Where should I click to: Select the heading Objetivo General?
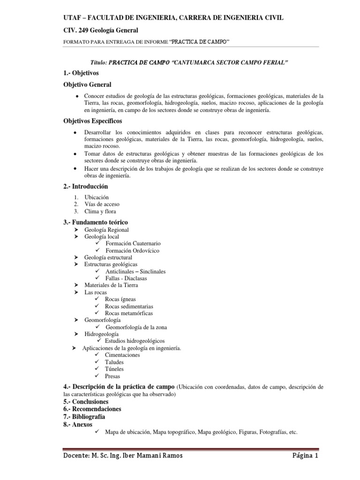coord(87,84)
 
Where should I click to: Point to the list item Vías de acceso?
coord(102,204)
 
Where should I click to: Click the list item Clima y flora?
coord(100,211)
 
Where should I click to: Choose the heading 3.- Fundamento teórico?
coord(95,222)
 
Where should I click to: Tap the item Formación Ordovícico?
coord(132,251)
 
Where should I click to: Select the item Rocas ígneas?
coord(120,299)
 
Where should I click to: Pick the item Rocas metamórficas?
coord(128,313)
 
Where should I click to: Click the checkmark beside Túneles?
coord(97,369)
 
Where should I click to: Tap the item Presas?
coord(112,376)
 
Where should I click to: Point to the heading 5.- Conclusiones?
coord(86,402)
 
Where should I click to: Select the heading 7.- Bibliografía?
coord(84,416)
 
